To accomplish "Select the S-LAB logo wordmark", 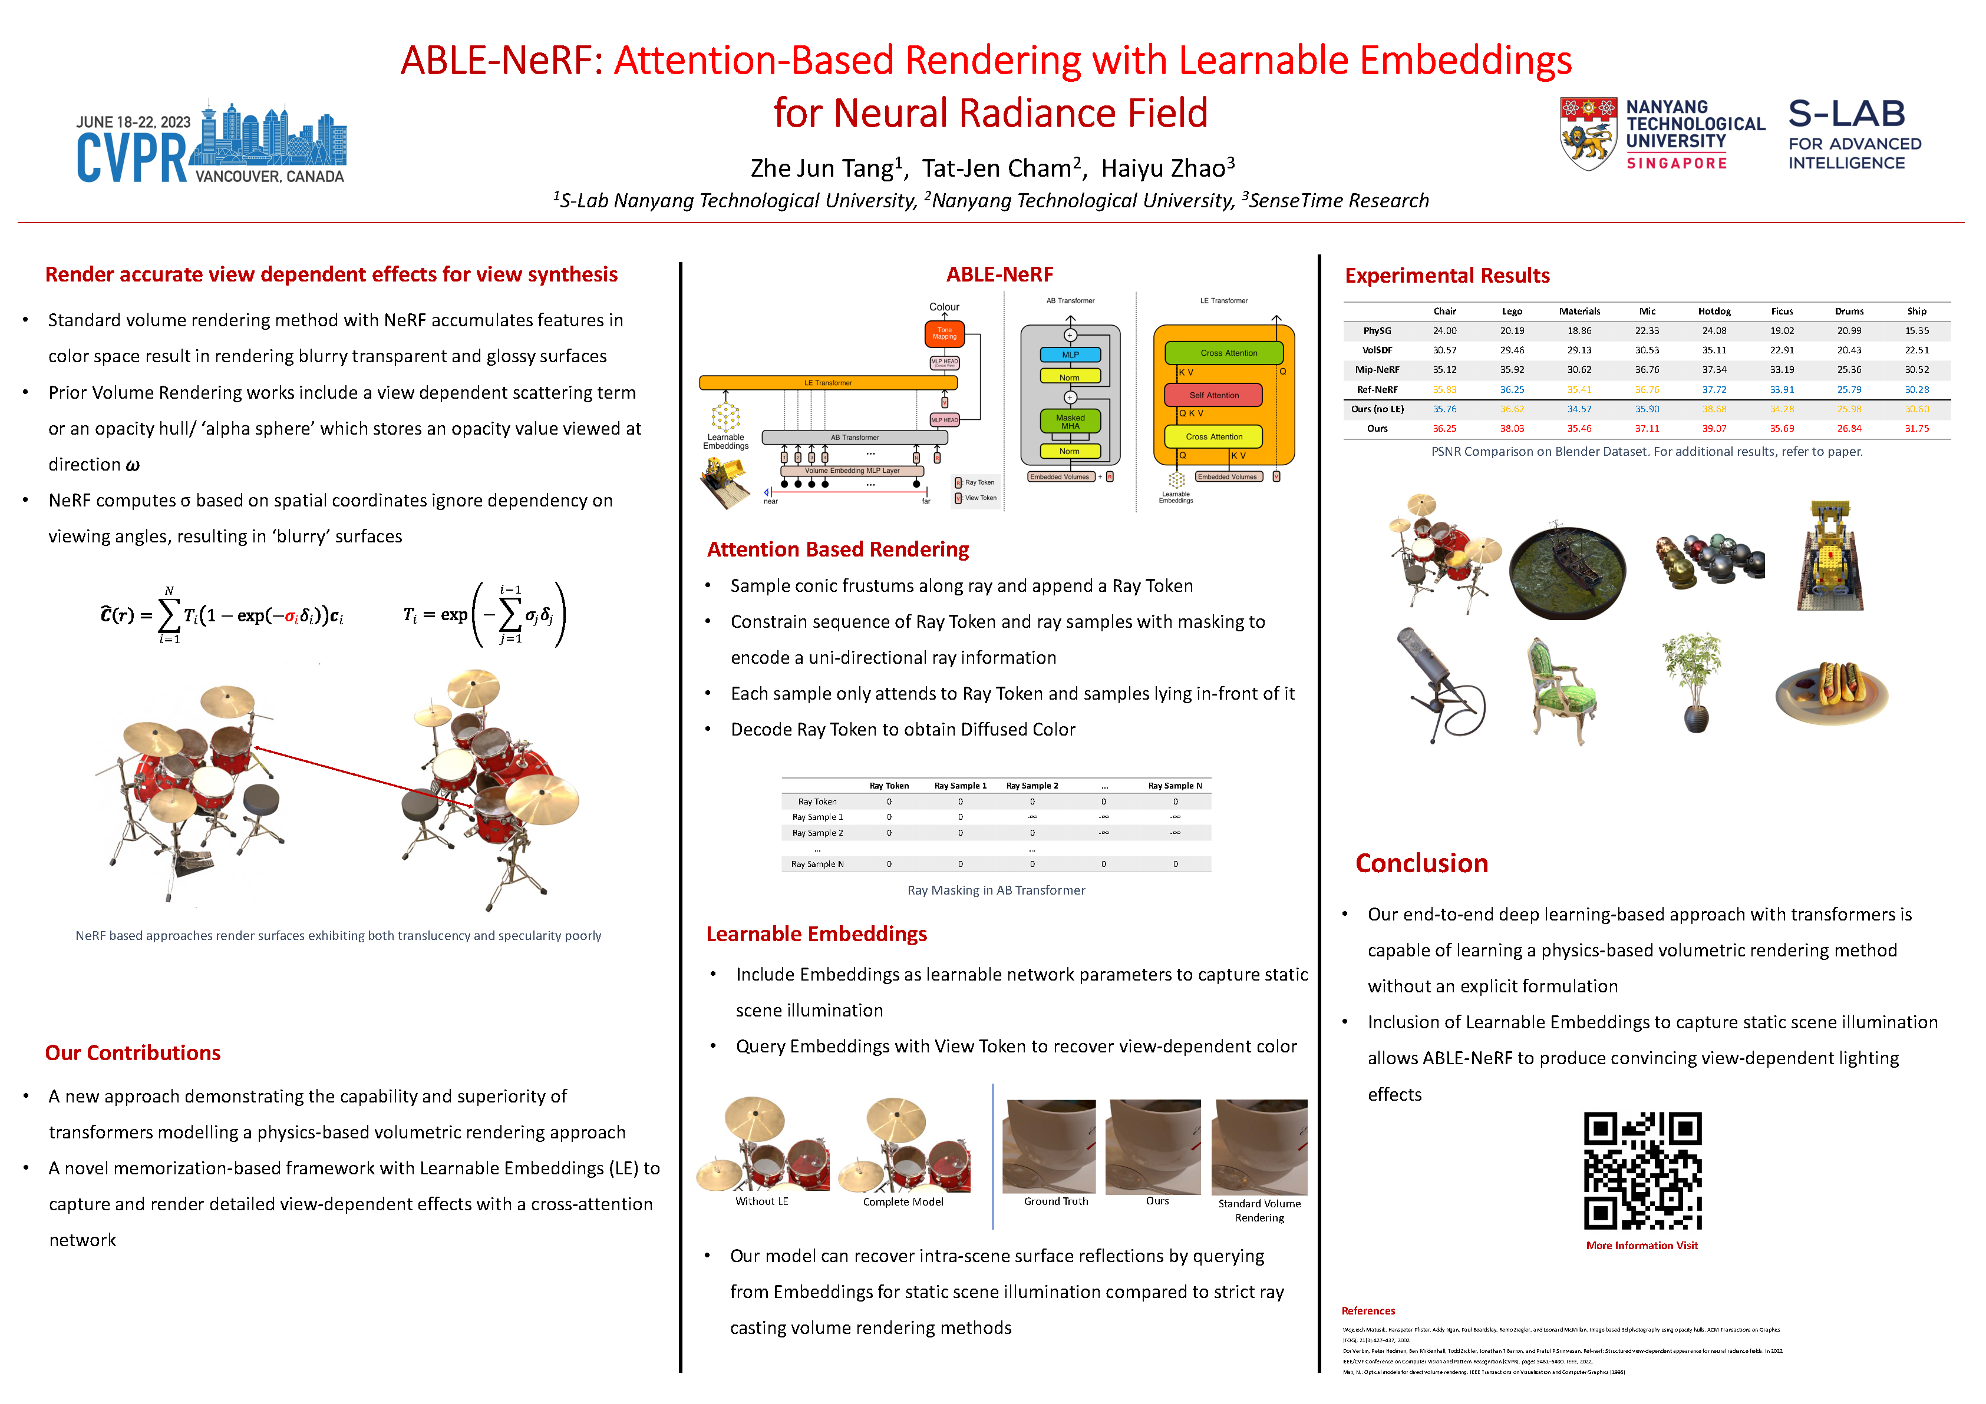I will tap(1847, 114).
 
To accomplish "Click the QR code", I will tap(1642, 1171).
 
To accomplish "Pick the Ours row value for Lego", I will tap(1512, 429).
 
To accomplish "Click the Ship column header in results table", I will tap(1917, 311).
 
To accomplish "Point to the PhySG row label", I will tap(1377, 331).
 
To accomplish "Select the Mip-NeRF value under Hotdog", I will tap(1714, 370).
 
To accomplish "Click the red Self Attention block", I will tap(1213, 395).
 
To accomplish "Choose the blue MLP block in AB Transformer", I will tap(1070, 355).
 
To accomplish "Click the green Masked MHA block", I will tap(1070, 422).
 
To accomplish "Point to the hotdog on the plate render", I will tap(1832, 690).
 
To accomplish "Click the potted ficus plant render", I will tap(1694, 681).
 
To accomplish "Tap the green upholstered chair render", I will tap(1562, 691).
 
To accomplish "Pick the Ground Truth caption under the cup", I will tap(1056, 1201).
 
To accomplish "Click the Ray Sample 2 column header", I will tap(1032, 786).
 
